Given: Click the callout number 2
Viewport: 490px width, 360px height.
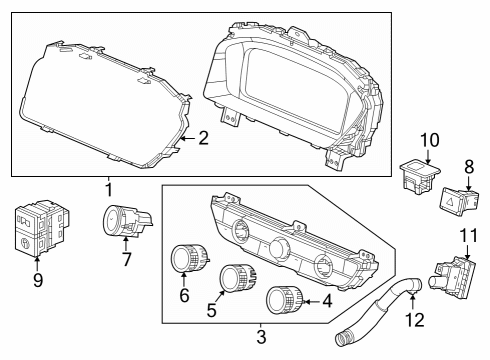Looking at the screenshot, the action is click(x=204, y=138).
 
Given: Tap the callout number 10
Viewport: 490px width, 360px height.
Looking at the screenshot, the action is click(x=429, y=140).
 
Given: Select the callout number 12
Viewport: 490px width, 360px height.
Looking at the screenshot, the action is click(x=415, y=320).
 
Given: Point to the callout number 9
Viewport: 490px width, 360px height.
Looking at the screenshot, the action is click(x=38, y=280).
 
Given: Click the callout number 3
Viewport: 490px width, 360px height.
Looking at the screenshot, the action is click(x=261, y=337).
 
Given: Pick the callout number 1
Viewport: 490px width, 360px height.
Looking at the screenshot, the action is click(x=109, y=189).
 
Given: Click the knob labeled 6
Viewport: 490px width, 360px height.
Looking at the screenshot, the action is click(x=189, y=259).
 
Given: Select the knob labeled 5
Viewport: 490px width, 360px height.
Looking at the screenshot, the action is click(x=237, y=278).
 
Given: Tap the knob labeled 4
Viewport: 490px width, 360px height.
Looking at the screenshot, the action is click(x=285, y=300).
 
